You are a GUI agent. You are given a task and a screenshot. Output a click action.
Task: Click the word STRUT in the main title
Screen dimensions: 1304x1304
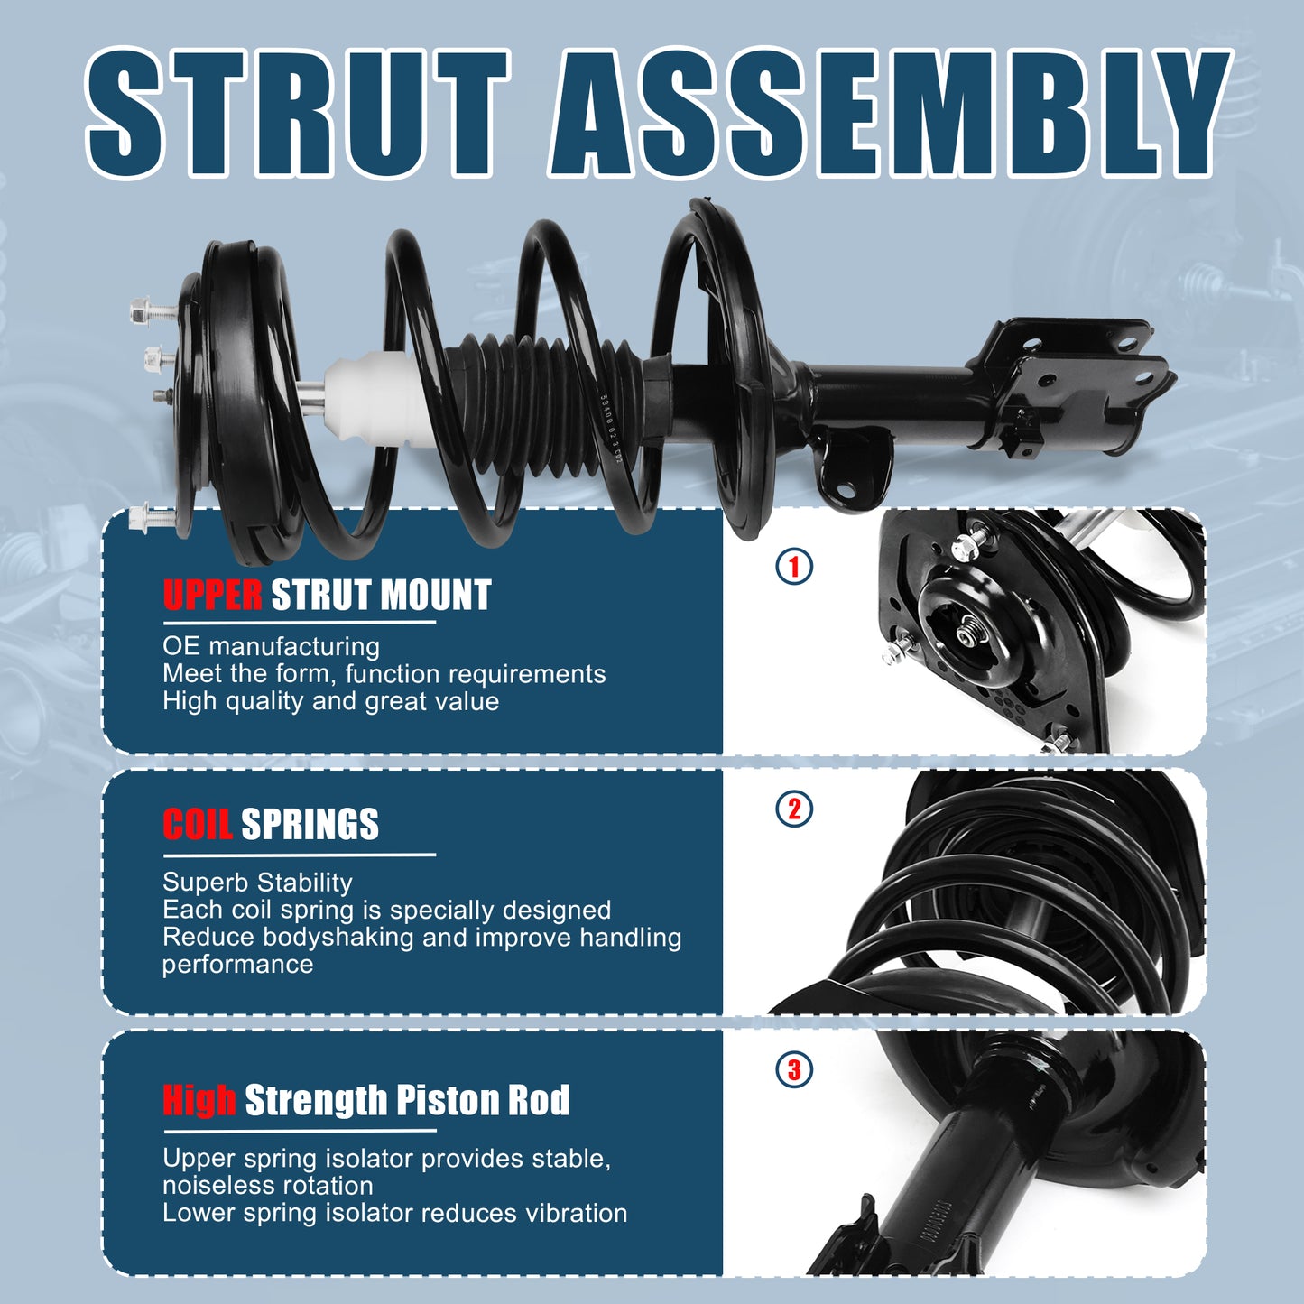click(298, 113)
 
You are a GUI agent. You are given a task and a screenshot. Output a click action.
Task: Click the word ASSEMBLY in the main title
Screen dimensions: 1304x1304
click(889, 113)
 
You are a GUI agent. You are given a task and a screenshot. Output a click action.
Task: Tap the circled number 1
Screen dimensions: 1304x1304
click(794, 567)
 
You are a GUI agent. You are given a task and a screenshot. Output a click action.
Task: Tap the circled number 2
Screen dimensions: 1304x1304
click(794, 809)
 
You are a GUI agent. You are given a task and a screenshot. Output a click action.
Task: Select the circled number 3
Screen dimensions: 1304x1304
click(794, 1070)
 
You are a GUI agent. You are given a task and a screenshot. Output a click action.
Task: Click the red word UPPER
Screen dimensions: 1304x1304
click(213, 596)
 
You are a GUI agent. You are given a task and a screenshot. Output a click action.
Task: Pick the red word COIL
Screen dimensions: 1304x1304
click(198, 825)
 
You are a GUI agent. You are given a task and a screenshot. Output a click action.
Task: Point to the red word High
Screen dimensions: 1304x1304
click(199, 1100)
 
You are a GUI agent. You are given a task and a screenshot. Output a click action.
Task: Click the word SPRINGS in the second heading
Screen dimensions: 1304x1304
click(310, 825)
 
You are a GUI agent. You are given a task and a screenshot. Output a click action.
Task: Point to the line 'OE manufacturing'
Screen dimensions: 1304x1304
click(271, 646)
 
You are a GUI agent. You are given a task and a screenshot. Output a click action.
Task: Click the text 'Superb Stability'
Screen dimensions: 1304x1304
click(257, 882)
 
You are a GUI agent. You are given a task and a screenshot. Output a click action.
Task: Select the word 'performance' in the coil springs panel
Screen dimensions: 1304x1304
click(237, 964)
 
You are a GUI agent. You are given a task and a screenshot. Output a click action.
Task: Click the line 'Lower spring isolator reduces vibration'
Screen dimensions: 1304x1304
click(394, 1213)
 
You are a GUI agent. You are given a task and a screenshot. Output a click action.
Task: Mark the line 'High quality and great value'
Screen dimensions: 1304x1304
click(330, 701)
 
